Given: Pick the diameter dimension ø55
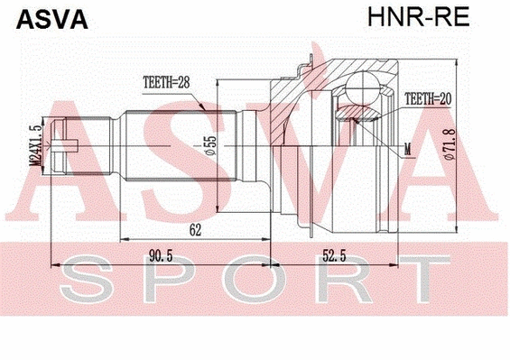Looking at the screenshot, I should click(209, 144).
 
